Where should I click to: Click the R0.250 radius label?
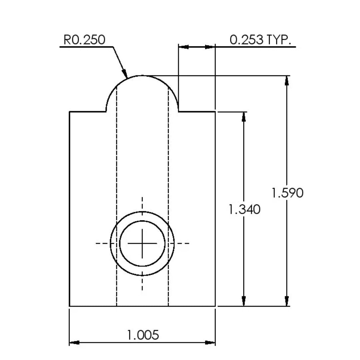(x=84, y=40)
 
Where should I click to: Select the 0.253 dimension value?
(x=246, y=40)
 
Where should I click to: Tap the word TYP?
(x=279, y=40)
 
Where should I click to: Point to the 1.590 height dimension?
(x=287, y=193)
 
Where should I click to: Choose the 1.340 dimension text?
(x=245, y=209)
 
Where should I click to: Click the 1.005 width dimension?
(x=143, y=335)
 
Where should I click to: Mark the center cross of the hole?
(x=142, y=243)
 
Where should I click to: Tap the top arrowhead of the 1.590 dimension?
(x=287, y=81)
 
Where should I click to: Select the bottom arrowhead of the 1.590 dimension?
(x=287, y=301)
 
